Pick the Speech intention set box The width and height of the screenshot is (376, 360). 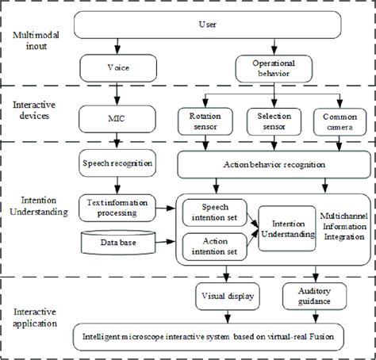click(x=213, y=209)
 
